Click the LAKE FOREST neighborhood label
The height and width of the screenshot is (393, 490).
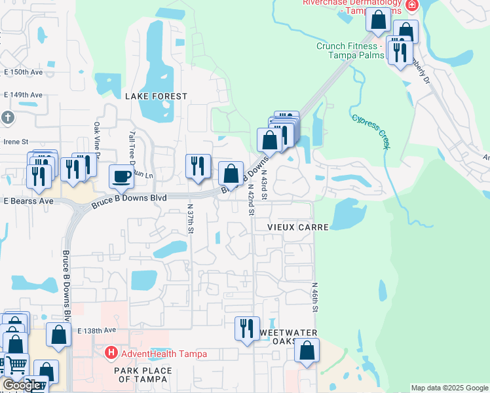pyautogui.click(x=156, y=96)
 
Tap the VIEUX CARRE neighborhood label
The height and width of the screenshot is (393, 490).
pyautogui.click(x=297, y=226)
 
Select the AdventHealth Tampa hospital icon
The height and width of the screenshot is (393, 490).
pyautogui.click(x=111, y=354)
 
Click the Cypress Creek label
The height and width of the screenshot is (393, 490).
pyautogui.click(x=371, y=132)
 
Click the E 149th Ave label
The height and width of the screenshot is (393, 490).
pyautogui.click(x=23, y=95)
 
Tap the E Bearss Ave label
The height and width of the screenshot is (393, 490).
pyautogui.click(x=28, y=200)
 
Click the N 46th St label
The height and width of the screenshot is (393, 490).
pyautogui.click(x=314, y=298)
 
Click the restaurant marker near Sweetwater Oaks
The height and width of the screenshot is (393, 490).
pyautogui.click(x=247, y=327)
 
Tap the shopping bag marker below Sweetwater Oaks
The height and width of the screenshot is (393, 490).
pyautogui.click(x=307, y=350)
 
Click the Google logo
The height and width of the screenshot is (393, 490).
pyautogui.click(x=21, y=385)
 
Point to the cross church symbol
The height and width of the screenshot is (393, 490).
pyautogui.click(x=7, y=118)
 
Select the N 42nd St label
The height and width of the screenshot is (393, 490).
pyautogui.click(x=251, y=200)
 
